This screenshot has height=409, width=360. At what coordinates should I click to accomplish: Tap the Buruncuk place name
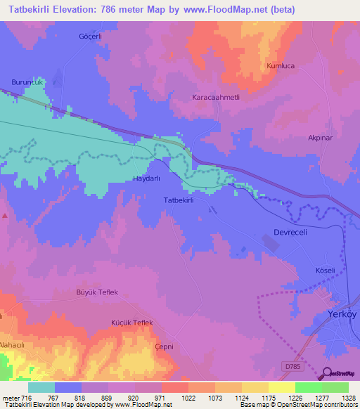(x=27, y=82)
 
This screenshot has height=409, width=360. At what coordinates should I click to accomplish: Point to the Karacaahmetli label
(x=217, y=98)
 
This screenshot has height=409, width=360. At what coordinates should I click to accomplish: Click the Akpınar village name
(x=321, y=138)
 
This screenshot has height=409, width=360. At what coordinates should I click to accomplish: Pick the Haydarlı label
(x=147, y=179)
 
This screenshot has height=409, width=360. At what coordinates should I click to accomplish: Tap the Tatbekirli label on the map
(x=178, y=200)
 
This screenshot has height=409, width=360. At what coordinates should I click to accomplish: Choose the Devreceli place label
(x=290, y=232)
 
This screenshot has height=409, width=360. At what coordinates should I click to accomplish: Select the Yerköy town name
(x=344, y=314)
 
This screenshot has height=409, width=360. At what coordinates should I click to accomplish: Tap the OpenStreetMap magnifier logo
(x=328, y=374)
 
